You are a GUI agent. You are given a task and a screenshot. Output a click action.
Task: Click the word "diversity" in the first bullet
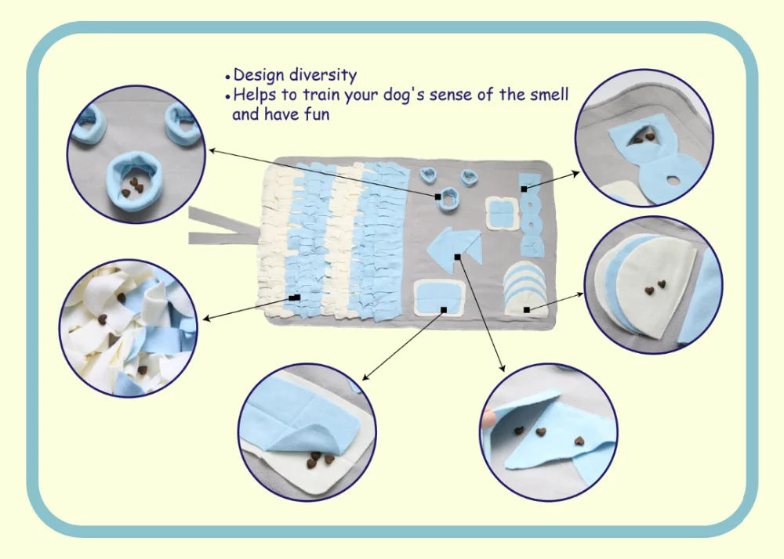(x=323, y=76)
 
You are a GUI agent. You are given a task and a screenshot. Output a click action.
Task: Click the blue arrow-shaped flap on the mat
(x=452, y=247)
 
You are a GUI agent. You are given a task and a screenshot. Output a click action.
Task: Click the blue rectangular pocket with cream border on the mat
(x=441, y=296)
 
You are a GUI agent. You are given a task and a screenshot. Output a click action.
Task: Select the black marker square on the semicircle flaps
(x=526, y=310)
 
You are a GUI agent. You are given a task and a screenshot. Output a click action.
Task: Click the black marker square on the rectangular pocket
(x=444, y=310)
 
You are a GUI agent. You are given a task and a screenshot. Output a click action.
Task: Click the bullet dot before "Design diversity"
(x=228, y=77)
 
